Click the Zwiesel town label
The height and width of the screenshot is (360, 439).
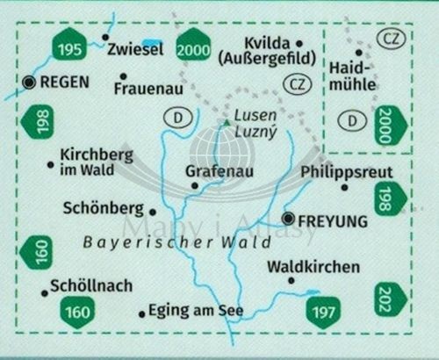coord(135,51)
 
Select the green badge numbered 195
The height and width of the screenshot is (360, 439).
coord(68,47)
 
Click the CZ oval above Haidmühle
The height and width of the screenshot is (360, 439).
coord(390,38)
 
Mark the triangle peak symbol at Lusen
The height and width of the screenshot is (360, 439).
coord(227,124)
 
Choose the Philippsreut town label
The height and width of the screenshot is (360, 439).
coord(346,172)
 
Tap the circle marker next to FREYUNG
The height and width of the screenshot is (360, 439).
coord(289,219)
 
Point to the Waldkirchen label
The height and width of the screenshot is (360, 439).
coord(300,265)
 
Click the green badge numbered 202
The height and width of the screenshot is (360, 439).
coord(391,299)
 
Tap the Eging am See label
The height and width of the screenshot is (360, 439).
coord(196,310)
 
